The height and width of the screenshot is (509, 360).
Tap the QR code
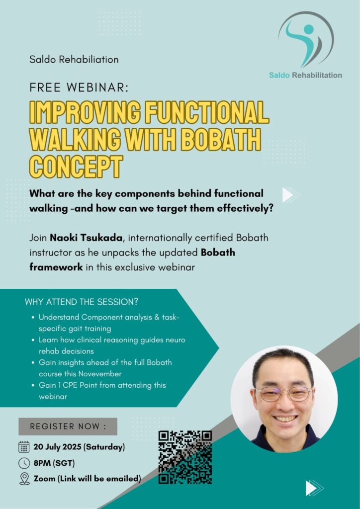click(x=185, y=457)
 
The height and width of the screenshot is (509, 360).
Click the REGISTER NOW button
click(x=68, y=426)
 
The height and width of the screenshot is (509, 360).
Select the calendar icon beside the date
click(x=24, y=447)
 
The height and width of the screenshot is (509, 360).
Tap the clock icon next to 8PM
click(x=24, y=463)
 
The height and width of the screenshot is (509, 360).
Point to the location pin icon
click(x=24, y=479)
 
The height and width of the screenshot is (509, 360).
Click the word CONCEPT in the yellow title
click(x=76, y=167)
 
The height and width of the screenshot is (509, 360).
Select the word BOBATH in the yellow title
click(x=220, y=140)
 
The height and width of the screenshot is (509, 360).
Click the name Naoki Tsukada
click(x=86, y=238)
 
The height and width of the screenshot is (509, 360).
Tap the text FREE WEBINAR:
click(x=79, y=88)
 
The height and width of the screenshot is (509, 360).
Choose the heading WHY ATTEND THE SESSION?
click(x=82, y=302)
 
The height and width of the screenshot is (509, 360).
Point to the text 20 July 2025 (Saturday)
click(x=79, y=447)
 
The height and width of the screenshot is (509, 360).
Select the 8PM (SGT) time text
click(x=54, y=463)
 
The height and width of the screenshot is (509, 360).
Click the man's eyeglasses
click(x=283, y=393)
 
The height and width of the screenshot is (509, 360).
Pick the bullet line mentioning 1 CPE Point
click(x=102, y=391)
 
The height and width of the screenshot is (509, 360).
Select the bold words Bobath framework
click(x=132, y=260)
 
